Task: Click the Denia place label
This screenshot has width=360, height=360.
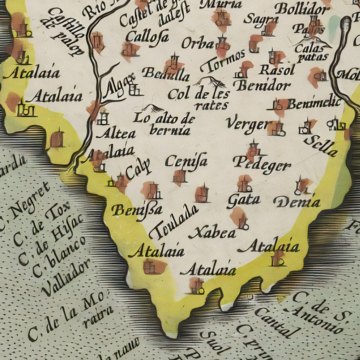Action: (x=297, y=202)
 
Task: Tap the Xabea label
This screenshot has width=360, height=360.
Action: (x=212, y=233)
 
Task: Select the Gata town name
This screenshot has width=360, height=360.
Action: (x=243, y=200)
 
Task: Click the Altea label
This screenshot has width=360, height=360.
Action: (x=116, y=134)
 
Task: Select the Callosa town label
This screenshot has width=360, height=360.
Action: (x=147, y=37)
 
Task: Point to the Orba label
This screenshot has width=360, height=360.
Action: (x=198, y=43)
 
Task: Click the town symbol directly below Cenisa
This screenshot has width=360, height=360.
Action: (x=180, y=177)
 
